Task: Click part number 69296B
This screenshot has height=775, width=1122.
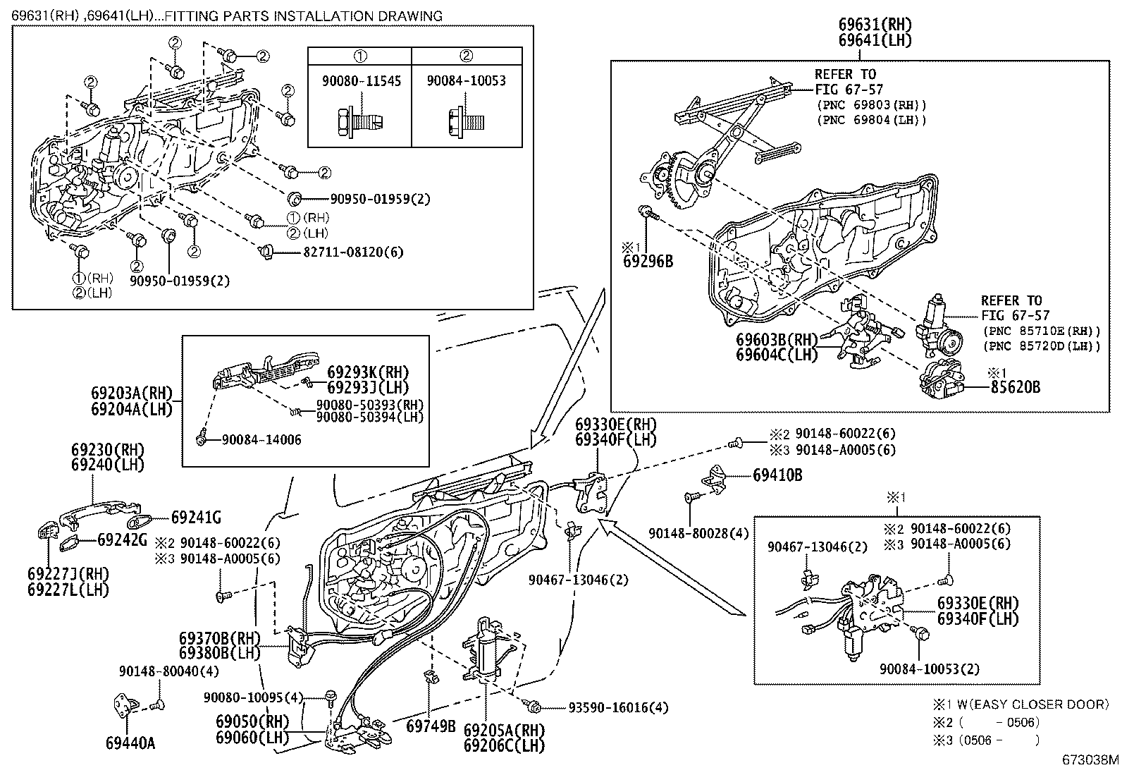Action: (647, 262)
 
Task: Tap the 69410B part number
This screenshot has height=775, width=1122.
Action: (777, 475)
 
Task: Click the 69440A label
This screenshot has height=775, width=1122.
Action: (130, 743)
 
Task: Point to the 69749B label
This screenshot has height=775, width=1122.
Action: (431, 726)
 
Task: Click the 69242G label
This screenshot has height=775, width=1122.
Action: (122, 540)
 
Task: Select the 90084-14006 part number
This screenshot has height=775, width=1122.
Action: (261, 440)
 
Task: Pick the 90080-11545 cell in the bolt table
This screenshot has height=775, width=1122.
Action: (361, 81)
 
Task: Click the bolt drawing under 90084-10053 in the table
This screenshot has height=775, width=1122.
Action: (467, 122)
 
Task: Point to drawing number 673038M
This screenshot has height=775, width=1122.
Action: (1090, 760)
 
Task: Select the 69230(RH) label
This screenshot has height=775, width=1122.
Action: (107, 449)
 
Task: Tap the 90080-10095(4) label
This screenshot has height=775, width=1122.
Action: (253, 697)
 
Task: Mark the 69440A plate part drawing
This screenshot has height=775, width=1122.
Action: (125, 706)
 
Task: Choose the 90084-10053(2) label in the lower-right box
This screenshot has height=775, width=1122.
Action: (929, 669)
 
